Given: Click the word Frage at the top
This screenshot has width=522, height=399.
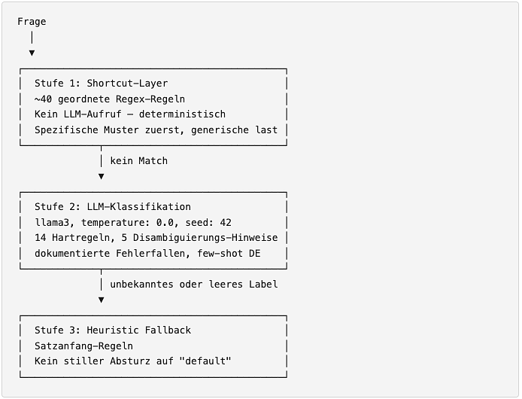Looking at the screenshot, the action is pyautogui.click(x=32, y=22).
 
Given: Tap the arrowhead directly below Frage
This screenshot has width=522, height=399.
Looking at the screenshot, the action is pyautogui.click(x=32, y=53).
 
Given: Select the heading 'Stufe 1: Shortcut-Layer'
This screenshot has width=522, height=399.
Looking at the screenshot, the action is pyautogui.click(x=102, y=84).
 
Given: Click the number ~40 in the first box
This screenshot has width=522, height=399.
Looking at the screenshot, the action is pyautogui.click(x=44, y=99).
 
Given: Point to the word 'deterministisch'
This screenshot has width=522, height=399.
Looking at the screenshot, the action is pyautogui.click(x=182, y=114).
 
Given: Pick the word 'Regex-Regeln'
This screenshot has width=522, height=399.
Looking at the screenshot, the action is pyautogui.click(x=150, y=99).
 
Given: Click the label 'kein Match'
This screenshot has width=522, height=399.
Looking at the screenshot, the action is pyautogui.click(x=139, y=161).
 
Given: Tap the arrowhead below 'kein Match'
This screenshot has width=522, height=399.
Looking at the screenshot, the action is pyautogui.click(x=102, y=176).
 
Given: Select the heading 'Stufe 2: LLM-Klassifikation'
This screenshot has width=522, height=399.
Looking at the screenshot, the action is pyautogui.click(x=113, y=207).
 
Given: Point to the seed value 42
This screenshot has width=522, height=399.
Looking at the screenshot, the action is pyautogui.click(x=226, y=222).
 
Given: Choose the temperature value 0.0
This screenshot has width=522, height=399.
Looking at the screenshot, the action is pyautogui.click(x=165, y=222).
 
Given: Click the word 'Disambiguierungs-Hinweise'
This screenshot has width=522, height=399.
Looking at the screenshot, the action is pyautogui.click(x=205, y=238).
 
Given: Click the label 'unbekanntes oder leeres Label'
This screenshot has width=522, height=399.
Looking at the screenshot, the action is pyautogui.click(x=194, y=285).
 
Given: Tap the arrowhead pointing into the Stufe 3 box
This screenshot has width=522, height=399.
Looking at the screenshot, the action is pyautogui.click(x=102, y=300).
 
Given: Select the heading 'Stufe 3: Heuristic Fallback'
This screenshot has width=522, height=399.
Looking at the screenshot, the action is pyautogui.click(x=113, y=330).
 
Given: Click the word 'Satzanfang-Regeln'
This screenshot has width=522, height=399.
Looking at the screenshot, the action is pyautogui.click(x=84, y=346).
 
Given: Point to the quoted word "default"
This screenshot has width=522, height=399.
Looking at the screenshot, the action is pyautogui.click(x=205, y=361).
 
